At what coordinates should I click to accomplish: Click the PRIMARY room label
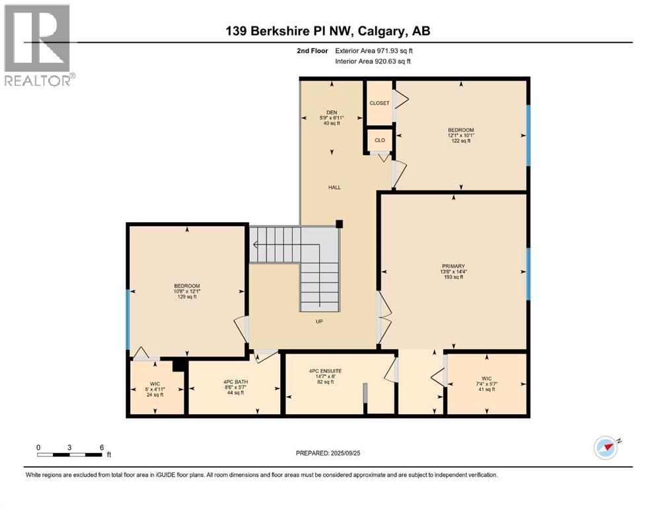click(x=454, y=267)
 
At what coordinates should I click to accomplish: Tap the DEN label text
click(x=332, y=112)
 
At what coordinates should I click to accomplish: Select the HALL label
click(x=335, y=188)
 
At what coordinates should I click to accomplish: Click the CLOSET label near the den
click(x=379, y=103)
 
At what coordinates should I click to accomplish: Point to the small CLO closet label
click(x=380, y=140)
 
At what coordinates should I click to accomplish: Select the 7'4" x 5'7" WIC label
click(x=487, y=379)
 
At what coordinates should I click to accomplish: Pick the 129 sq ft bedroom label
click(x=187, y=286)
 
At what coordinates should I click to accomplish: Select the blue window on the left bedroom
click(x=128, y=319)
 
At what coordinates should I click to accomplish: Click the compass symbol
click(x=606, y=448)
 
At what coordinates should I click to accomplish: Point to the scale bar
click(x=70, y=454)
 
